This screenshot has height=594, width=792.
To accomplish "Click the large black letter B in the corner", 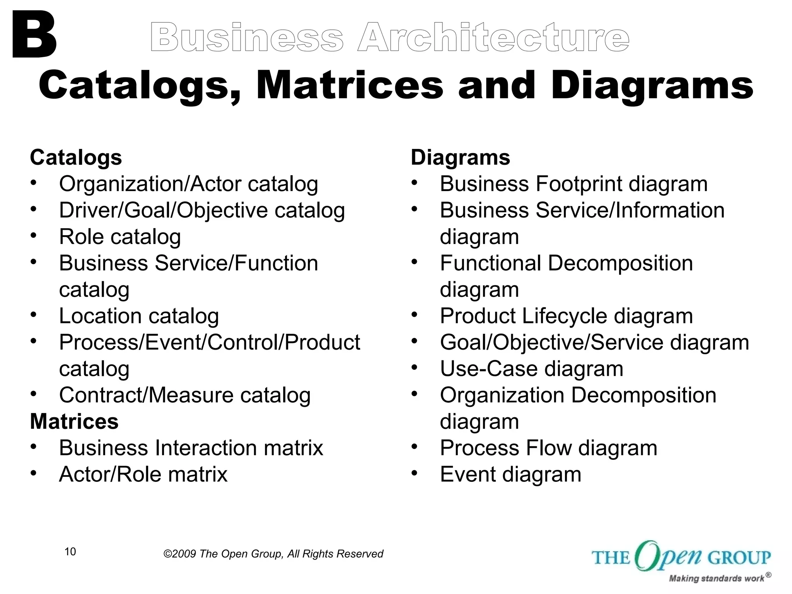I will [34, 35].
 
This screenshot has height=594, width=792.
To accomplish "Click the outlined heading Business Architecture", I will [390, 38].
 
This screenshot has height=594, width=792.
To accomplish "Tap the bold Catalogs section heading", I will [76, 158].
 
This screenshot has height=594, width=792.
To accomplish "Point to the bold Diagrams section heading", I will [460, 158].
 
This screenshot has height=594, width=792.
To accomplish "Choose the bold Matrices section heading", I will [74, 422].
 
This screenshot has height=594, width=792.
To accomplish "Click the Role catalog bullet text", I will [120, 237].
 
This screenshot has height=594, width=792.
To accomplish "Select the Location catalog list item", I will [139, 316].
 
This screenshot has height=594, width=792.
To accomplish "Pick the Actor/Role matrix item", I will [143, 475].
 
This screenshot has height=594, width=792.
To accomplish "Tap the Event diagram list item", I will [510, 475].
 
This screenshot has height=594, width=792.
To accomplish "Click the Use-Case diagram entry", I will [531, 369].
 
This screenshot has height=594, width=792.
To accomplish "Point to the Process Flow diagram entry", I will [548, 448].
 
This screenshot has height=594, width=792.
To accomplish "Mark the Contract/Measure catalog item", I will [185, 395].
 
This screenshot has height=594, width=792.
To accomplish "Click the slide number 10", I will [70, 552].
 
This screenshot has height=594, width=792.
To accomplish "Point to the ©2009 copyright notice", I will [273, 554].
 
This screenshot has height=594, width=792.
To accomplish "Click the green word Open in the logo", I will [668, 556].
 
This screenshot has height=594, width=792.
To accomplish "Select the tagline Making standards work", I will [716, 579].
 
